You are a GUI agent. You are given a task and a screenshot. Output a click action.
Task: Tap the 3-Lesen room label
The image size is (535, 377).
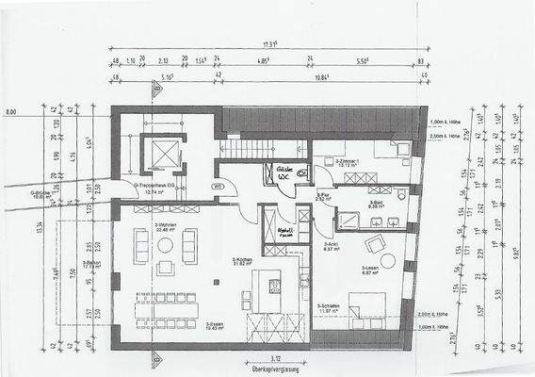tap(369, 271)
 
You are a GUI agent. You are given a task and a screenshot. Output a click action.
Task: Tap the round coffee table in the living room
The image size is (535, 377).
tap(165, 245)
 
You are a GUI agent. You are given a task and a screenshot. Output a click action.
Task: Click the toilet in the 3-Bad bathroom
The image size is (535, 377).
tap(402, 193)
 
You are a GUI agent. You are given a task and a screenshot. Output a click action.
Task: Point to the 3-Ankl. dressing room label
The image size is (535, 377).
tap(331, 247)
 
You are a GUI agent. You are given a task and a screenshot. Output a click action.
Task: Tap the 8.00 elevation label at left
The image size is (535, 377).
tap(11, 112)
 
